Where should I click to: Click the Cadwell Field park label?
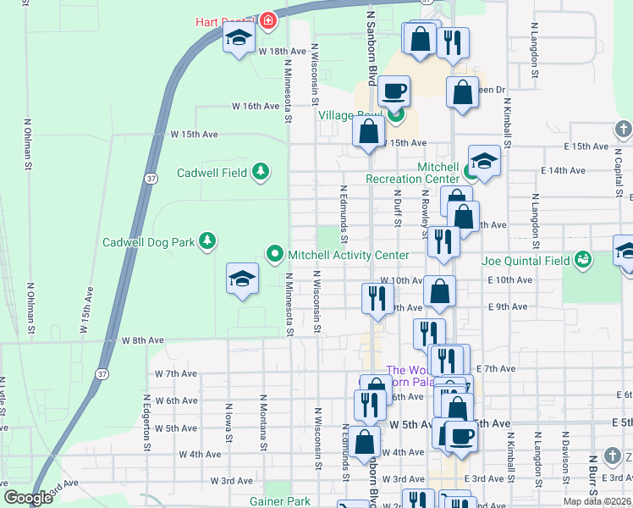[x=212, y=173]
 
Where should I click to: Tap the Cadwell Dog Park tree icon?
[x=207, y=242]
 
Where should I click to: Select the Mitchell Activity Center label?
[x=349, y=255]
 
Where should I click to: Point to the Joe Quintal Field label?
[x=526, y=261]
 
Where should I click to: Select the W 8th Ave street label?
[x=142, y=340]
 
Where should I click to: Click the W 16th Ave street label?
[x=256, y=107]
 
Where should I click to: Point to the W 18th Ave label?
[x=282, y=51]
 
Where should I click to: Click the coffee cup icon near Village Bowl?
[x=394, y=90]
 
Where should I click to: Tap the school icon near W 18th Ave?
[x=239, y=38]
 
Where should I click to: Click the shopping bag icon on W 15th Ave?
[x=368, y=131]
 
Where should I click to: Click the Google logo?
[x=28, y=499]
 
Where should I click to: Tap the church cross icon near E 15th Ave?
[x=623, y=130]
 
